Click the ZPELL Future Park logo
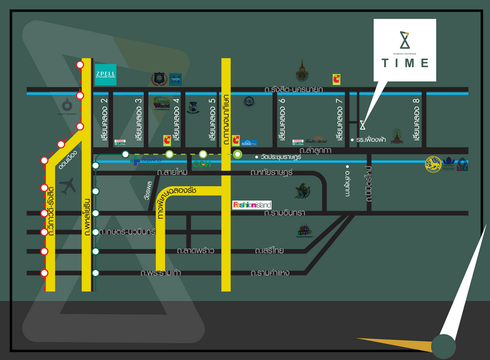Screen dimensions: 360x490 (x=105, y=74)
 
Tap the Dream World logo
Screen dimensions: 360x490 (x=161, y=102)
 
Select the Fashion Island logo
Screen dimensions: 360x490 (x=252, y=204)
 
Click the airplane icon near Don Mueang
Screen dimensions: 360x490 (x=69, y=184)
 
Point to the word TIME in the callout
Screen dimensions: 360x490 (x=405, y=63)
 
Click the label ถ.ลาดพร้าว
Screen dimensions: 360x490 (x=195, y=251)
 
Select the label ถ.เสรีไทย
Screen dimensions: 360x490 (x=270, y=251)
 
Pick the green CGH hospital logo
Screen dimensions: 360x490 (x=200, y=164)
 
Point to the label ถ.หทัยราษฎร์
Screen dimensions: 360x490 (x=273, y=173)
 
